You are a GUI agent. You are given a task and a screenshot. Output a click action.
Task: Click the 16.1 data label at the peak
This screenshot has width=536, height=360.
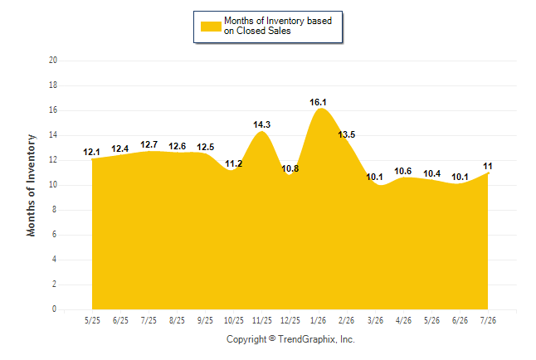tap(318, 102)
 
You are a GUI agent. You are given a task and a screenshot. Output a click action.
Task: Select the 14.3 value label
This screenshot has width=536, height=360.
tap(262, 124)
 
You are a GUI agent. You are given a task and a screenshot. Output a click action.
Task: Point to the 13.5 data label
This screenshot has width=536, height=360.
tap(347, 134)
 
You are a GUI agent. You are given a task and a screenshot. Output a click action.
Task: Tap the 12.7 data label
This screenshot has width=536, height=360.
tap(149, 145)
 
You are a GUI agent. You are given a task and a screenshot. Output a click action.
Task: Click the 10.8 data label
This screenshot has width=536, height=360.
tap(290, 168)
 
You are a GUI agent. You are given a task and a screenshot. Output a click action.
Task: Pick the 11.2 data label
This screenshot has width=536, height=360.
tap(233, 163)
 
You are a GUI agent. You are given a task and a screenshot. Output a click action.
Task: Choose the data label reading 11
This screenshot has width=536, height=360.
tap(487, 166)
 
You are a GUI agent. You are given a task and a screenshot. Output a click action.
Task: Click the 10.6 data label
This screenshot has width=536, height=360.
tap(403, 171)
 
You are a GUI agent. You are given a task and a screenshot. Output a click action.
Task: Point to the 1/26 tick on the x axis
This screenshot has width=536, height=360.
tap(318, 320)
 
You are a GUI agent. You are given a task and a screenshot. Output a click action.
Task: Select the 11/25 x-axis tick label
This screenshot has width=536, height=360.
tap(262, 320)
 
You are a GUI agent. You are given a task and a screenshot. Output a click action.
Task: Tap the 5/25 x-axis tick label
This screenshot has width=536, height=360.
tap(92, 320)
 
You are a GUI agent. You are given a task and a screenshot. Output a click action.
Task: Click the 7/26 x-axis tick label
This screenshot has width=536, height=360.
tap(488, 320)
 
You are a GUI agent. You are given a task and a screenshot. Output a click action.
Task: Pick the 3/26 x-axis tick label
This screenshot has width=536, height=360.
tap(375, 320)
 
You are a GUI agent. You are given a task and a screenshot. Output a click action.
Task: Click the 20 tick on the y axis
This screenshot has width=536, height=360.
tap(53, 61)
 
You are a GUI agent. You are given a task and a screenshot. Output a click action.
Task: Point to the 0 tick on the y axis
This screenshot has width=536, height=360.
tap(54, 309)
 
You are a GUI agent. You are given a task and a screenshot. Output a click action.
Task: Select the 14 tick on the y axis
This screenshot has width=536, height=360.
tap(53, 135)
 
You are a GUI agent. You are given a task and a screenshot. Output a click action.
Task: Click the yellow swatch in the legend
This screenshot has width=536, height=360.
tap(211, 27)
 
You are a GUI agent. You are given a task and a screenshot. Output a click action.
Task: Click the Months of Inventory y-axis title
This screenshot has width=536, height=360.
tap(31, 185)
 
